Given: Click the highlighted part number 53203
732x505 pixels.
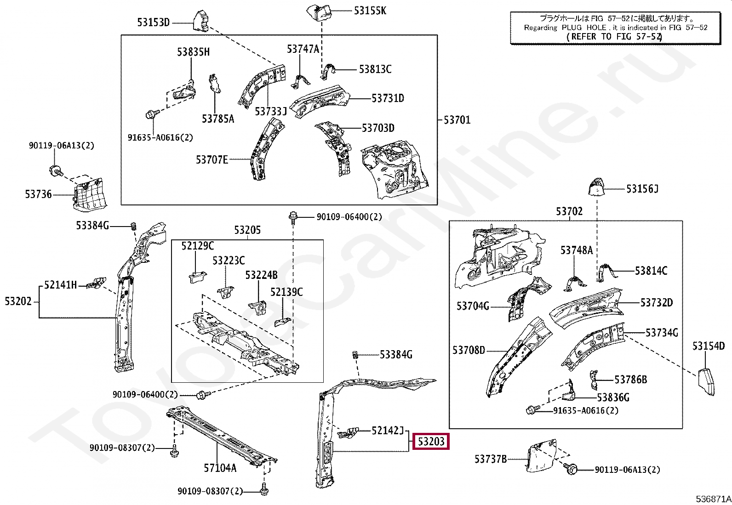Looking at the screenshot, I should [431, 442].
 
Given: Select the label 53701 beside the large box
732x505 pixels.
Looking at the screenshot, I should [457, 120].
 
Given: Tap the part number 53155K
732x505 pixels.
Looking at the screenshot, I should [370, 11].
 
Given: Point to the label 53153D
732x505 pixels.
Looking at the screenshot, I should [154, 23].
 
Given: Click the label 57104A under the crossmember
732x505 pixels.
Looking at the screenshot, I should [220, 468].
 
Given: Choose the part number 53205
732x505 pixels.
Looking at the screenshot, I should [247, 230].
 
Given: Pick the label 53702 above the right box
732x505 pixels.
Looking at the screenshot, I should [569, 211].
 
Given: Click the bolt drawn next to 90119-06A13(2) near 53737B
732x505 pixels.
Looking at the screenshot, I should [572, 469].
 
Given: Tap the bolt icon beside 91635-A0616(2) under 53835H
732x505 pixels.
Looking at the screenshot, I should [151, 114].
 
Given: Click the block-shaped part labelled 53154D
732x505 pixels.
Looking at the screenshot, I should [706, 381].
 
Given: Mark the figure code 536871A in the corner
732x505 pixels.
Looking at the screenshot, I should [713, 499].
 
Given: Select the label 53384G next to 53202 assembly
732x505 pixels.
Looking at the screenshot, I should [93, 225].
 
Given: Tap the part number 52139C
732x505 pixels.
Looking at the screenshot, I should [286, 292].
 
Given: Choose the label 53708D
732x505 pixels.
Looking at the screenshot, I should [469, 350].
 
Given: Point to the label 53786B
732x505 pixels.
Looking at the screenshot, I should [631, 380].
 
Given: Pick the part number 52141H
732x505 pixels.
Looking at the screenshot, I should [61, 285].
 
